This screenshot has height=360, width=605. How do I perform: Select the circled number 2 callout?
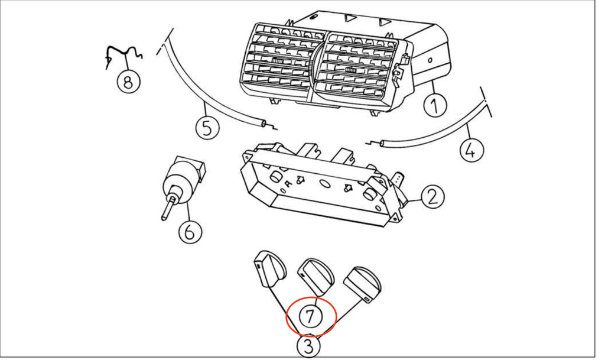click(x=433, y=195)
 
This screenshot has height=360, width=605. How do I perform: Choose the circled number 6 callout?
click(x=188, y=232)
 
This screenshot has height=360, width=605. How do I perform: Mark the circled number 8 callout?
click(x=128, y=81)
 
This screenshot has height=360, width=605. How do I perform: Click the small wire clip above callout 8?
click(x=124, y=55)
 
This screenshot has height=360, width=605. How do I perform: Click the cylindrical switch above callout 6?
click(x=183, y=177)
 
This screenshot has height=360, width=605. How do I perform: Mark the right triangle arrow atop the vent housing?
click(x=385, y=23)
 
